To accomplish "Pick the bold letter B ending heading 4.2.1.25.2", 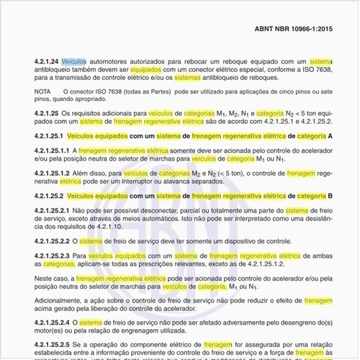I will pyautogui.click(x=330, y=196).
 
